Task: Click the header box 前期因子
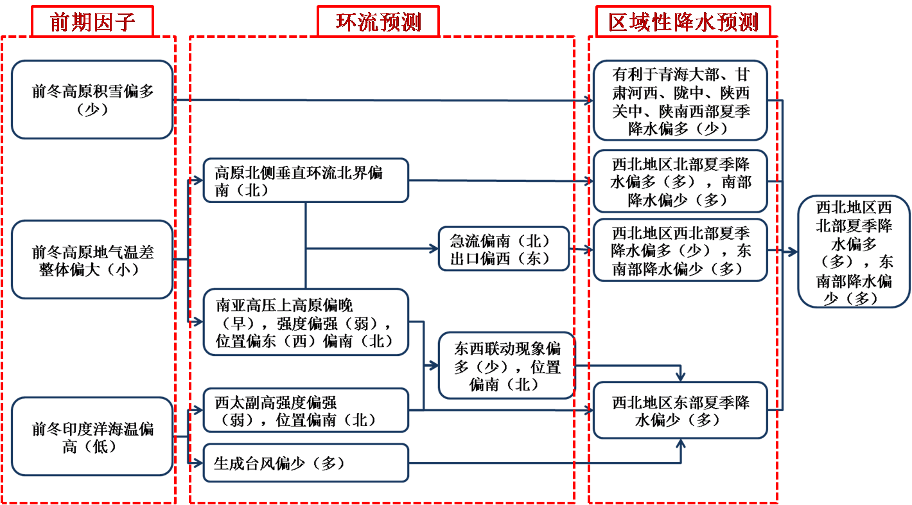pyautogui.click(x=92, y=22)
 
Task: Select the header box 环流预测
pyautogui.click(x=378, y=22)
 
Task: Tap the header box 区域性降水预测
pyautogui.click(x=683, y=22)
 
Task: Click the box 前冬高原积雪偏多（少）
pyautogui.click(x=92, y=100)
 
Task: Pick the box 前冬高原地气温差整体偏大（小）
pyautogui.click(x=92, y=260)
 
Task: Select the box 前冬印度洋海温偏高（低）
pyautogui.click(x=92, y=437)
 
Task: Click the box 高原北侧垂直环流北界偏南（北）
pyautogui.click(x=306, y=181)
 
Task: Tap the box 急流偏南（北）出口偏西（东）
pyautogui.click(x=504, y=249)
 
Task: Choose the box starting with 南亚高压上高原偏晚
pyautogui.click(x=306, y=323)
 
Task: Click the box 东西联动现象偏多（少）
pyautogui.click(x=507, y=366)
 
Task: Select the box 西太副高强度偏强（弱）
pyautogui.click(x=306, y=411)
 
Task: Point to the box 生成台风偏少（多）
pyautogui.click(x=306, y=463)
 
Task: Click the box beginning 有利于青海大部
pyautogui.click(x=680, y=101)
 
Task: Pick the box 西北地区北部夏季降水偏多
pyautogui.click(x=680, y=182)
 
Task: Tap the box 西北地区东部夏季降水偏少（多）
pyautogui.click(x=680, y=411)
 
